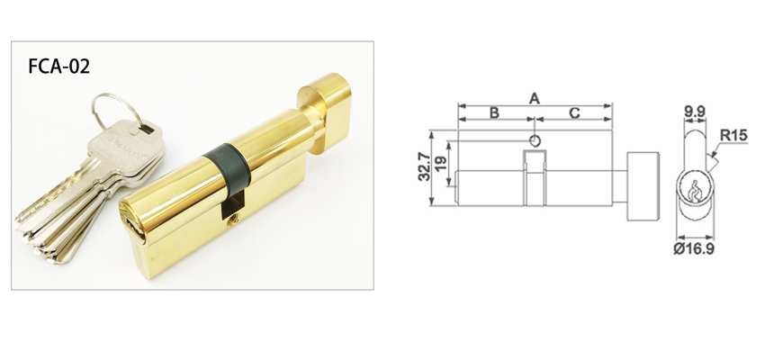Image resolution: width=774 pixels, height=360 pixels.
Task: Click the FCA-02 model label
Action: (x=60, y=67)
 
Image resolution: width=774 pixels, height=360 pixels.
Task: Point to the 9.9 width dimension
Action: (x=694, y=112)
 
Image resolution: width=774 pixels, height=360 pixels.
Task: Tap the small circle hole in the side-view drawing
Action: (x=535, y=140)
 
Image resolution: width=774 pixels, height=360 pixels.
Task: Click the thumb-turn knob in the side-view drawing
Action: (x=643, y=185)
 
